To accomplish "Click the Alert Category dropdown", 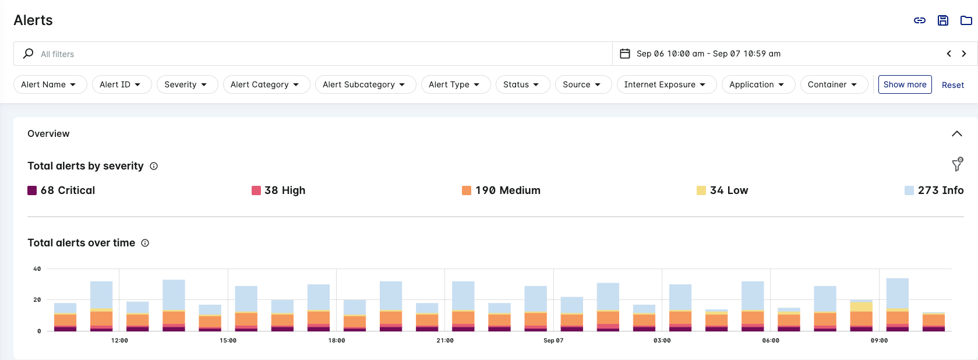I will pyautogui.click(x=266, y=84).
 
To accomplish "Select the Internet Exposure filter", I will pyautogui.click(x=666, y=84).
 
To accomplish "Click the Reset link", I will pyautogui.click(x=952, y=85).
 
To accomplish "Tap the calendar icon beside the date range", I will pyautogui.click(x=625, y=54).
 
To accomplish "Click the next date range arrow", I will pyautogui.click(x=964, y=54).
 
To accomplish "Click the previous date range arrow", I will pyautogui.click(x=949, y=54).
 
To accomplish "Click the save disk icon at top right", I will pyautogui.click(x=943, y=20).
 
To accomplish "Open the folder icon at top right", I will pyautogui.click(x=966, y=20).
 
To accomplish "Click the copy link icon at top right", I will pyautogui.click(x=920, y=20).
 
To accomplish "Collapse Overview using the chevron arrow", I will pyautogui.click(x=956, y=133).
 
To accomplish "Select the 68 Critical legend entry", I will pyautogui.click(x=62, y=190).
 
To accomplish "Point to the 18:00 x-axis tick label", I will pyautogui.click(x=337, y=340).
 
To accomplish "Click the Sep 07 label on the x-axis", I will pyautogui.click(x=553, y=340).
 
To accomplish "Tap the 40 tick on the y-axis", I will pyautogui.click(x=37, y=269).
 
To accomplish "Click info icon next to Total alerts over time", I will pyautogui.click(x=145, y=243).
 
